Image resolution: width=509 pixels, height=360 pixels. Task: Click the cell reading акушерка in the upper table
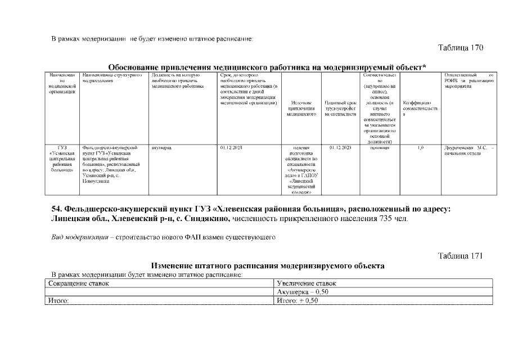tap(161, 147)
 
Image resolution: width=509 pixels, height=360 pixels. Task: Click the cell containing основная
tap(379, 147)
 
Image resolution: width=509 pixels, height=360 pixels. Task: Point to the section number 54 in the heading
tap(57, 209)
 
